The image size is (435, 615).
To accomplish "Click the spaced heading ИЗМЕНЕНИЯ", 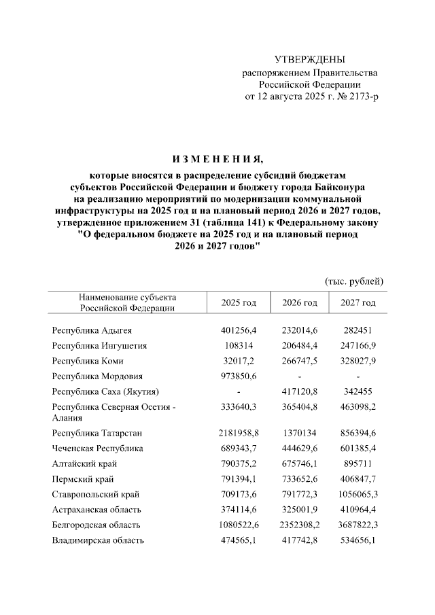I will (x=217, y=160).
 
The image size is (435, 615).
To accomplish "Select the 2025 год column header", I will (x=239, y=302).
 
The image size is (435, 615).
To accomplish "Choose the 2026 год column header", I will (x=300, y=302).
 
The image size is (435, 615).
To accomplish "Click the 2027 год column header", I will (x=358, y=302).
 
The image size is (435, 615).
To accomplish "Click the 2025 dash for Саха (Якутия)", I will (x=239, y=392).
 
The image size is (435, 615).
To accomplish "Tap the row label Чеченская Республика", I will (x=97, y=449).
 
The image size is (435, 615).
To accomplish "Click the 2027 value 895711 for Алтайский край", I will (x=358, y=463).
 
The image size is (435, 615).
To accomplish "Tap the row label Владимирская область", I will (x=98, y=540).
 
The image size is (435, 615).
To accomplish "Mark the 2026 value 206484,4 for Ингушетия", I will (x=300, y=345).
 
